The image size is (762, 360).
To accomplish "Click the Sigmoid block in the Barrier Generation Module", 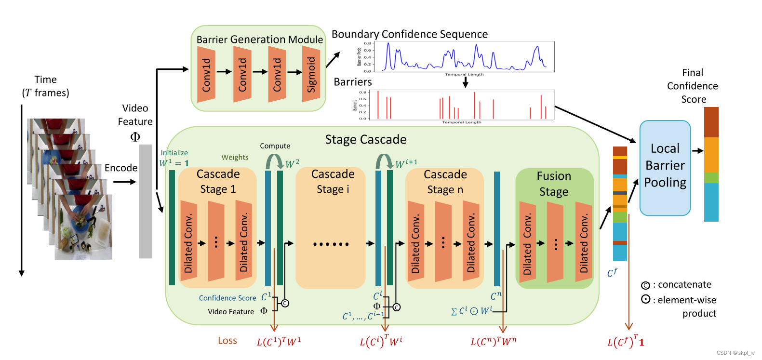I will (311, 74).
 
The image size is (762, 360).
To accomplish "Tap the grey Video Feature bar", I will (146, 201).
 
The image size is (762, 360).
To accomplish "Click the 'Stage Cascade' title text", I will (365, 140).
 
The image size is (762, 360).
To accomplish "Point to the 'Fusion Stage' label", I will (554, 184).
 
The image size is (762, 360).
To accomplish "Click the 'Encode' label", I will (121, 168).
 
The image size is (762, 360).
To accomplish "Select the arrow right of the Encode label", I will (125, 182).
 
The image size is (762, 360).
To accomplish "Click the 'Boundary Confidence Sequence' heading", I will (409, 34).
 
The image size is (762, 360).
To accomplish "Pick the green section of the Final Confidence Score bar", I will (711, 177).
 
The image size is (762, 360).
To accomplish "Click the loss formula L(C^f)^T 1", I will (626, 341).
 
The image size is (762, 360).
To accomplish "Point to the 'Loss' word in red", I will (227, 341).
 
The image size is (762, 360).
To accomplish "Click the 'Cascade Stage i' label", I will (333, 181).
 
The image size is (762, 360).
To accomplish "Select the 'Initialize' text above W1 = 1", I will (174, 153).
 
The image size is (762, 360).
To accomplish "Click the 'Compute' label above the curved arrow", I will (275, 146).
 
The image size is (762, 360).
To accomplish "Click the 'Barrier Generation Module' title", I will (259, 40).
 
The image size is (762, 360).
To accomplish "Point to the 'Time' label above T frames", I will (45, 80).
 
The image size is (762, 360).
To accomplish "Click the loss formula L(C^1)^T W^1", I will (279, 341).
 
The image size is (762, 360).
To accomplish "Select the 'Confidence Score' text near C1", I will (227, 298).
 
